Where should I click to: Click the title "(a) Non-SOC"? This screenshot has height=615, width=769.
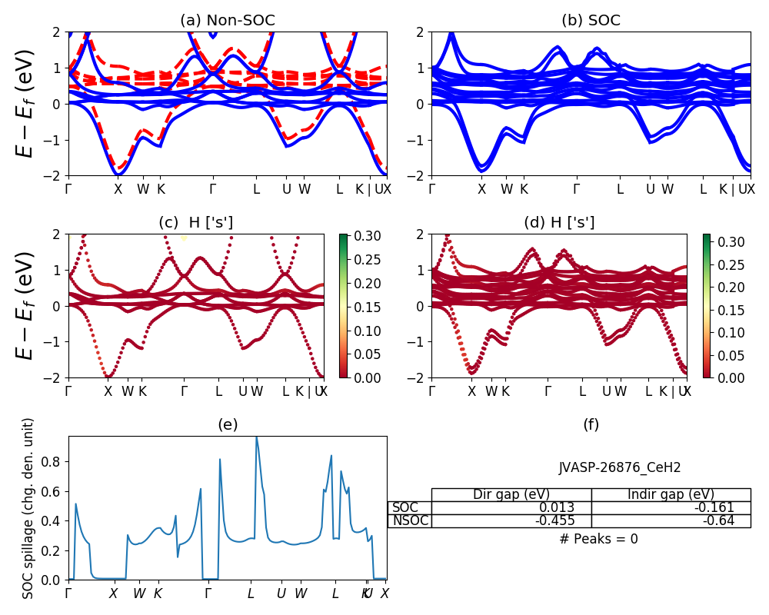[x=227, y=21]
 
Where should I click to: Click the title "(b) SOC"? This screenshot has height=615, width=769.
[x=591, y=21]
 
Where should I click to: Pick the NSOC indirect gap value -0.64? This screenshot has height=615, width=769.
[x=717, y=520]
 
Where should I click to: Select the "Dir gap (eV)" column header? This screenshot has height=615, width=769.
[x=511, y=494]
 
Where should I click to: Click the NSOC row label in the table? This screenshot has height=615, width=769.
[x=409, y=520]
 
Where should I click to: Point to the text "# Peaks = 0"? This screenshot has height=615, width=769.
[x=598, y=539]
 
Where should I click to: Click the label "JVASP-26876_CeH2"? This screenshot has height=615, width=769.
[x=619, y=467]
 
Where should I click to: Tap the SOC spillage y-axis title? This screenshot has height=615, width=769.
[x=28, y=508]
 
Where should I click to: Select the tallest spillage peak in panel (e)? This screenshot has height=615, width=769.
[x=256, y=437]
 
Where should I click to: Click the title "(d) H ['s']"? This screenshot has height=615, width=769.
[x=559, y=223]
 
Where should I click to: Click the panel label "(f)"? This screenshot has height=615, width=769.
[x=591, y=424]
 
